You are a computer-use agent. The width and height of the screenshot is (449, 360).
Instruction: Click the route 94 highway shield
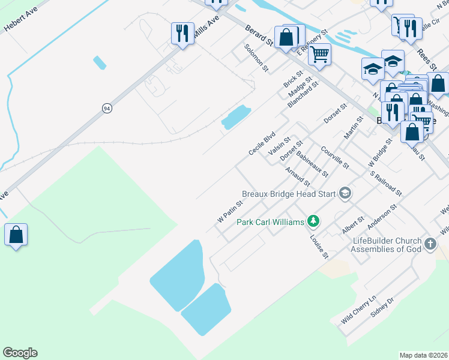(x=107, y=108)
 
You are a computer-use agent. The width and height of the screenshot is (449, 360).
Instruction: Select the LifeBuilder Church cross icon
(x=430, y=244)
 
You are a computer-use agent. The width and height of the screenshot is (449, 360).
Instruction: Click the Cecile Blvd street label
(x=262, y=143)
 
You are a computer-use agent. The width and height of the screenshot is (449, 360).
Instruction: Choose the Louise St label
(x=319, y=246)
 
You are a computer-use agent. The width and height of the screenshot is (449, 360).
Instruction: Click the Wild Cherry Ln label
(x=358, y=310)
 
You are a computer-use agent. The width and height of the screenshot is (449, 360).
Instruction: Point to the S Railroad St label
(x=386, y=184)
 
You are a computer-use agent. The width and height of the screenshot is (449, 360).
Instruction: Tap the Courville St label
(x=334, y=157)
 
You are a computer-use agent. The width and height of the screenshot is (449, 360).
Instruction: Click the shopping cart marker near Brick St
(x=319, y=55)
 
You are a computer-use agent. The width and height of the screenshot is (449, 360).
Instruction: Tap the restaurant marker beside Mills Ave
(x=182, y=32)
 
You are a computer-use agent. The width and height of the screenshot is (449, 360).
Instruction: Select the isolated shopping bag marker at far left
(x=16, y=235)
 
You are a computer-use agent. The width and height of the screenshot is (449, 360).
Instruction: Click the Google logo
(x=20, y=353)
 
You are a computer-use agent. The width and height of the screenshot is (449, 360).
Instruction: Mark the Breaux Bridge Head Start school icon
(x=345, y=193)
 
